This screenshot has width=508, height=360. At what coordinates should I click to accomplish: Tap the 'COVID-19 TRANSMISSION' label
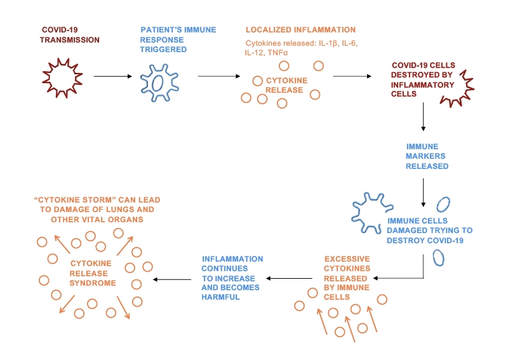[70, 34]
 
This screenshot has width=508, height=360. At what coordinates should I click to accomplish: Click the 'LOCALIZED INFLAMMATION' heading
[300, 30]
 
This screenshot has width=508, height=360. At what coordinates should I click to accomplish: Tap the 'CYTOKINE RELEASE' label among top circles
[284, 85]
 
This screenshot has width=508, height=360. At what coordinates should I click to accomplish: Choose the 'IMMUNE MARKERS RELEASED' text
[426, 156]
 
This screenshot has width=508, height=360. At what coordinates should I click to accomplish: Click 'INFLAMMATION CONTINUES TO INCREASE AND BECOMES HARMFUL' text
[232, 278]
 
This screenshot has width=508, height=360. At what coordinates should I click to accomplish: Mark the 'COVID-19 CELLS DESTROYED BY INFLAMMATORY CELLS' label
[423, 79]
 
